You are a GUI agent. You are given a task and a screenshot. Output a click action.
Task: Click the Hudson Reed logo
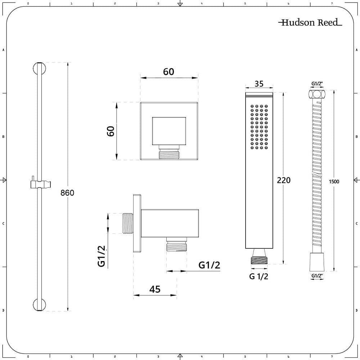[x=310, y=22]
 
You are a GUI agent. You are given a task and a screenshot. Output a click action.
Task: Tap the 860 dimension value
[x=67, y=193]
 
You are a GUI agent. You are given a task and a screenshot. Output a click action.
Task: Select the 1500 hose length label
[x=334, y=181]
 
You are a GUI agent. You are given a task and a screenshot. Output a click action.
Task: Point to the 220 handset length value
[x=284, y=180]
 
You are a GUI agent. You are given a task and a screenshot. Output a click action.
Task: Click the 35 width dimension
[x=259, y=84]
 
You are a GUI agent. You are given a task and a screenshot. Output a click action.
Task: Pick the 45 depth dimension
[x=155, y=289]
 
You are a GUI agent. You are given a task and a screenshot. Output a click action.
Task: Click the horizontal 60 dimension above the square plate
[x=168, y=72]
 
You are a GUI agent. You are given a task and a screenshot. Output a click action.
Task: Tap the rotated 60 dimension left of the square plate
[x=111, y=131]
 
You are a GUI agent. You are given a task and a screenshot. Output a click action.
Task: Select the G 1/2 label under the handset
[x=259, y=276]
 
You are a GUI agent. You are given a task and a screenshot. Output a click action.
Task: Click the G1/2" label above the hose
[x=317, y=84]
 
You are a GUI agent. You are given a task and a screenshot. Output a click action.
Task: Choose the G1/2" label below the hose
[x=317, y=276]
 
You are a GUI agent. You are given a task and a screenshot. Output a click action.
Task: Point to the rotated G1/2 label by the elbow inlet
[x=102, y=256]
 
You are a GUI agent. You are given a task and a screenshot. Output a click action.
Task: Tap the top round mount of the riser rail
[x=40, y=68]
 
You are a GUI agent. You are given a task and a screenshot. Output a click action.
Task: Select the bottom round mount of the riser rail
[x=40, y=305]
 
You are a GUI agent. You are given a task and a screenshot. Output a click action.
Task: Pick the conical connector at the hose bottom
[x=317, y=262]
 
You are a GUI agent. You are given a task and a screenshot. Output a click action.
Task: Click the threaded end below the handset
[x=259, y=261]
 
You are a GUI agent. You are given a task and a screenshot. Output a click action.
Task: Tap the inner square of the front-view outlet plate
[x=169, y=131]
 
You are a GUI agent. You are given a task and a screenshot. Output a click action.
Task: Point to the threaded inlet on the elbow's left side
[x=127, y=224]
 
